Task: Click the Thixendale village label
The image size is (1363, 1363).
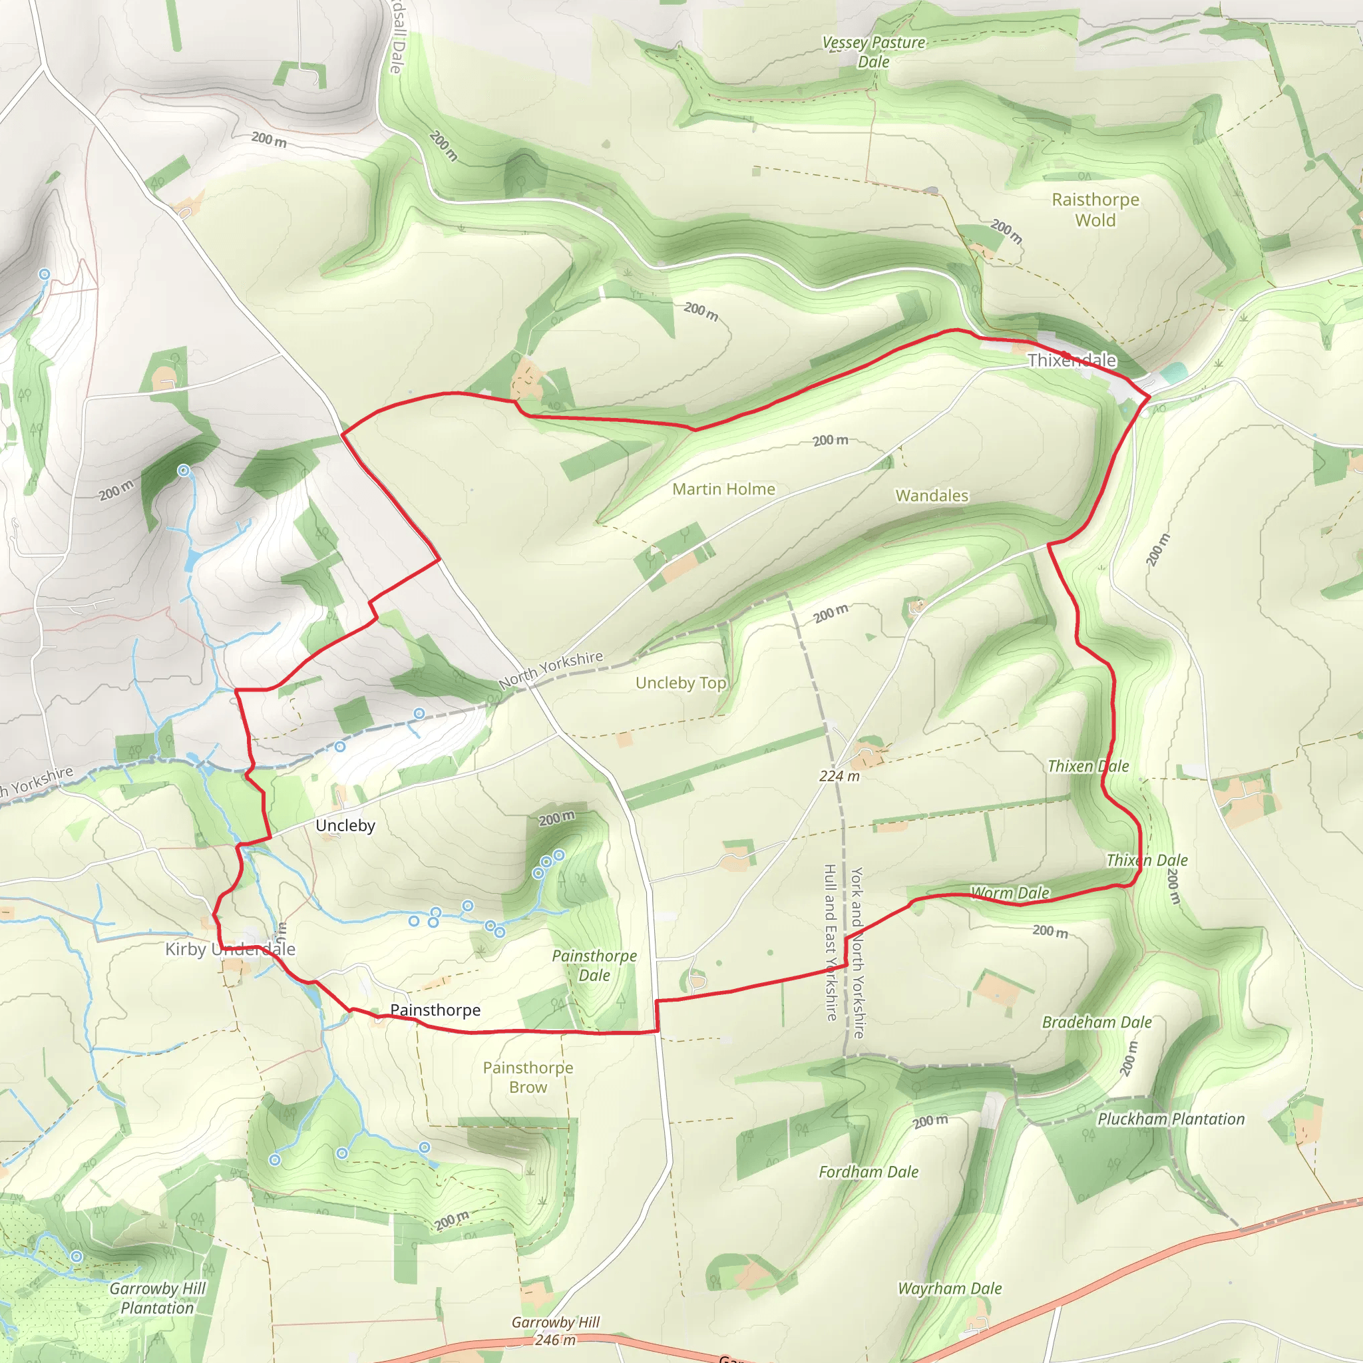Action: pos(1071,361)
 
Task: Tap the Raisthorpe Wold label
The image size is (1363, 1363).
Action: pos(1095,210)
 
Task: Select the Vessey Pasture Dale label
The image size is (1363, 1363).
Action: pos(873,52)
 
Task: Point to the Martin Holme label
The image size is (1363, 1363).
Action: pos(723,489)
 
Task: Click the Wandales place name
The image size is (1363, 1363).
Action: pos(931,495)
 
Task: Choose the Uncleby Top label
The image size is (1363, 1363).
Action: pos(680,683)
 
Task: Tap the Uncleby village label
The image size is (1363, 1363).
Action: pos(345,825)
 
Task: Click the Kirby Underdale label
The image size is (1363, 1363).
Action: pos(230,949)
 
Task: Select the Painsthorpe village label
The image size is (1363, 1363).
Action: pos(435,1010)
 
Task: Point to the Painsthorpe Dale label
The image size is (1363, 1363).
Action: pos(594,966)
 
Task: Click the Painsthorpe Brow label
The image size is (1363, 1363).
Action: pos(528,1077)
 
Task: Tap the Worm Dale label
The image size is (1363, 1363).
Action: pos(1010,893)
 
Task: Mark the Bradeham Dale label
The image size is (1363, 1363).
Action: pos(1096,1022)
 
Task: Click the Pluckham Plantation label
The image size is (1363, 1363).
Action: pos(1171,1119)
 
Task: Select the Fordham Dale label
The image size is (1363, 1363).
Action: pos(868,1172)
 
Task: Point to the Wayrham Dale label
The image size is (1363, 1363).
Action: pos(949,1288)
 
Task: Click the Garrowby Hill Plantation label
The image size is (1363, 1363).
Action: pos(157,1298)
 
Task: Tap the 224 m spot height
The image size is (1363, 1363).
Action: pos(839,776)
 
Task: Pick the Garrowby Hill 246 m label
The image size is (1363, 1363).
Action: pos(555,1330)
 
